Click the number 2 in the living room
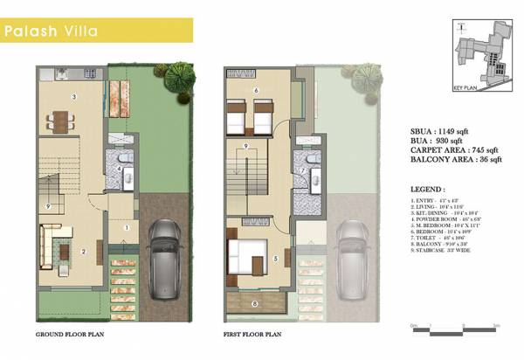tap(82, 252)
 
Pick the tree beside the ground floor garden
tap(178, 78)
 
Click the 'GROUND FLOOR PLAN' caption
tap(70, 335)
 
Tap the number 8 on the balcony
tap(254, 304)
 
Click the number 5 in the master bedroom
tap(274, 258)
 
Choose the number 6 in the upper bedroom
tap(254, 90)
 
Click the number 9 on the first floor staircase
tap(247, 145)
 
